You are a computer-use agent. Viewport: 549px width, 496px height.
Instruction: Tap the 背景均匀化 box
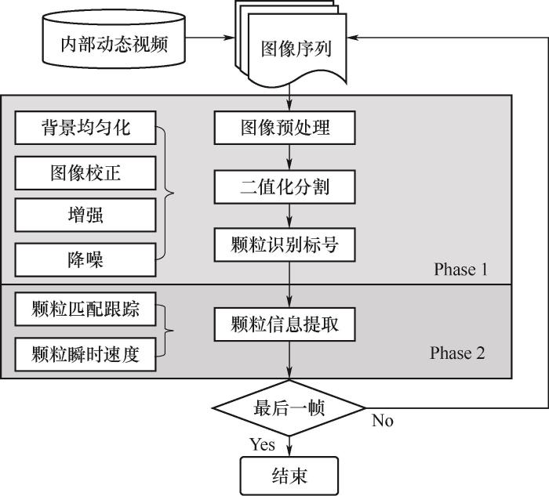point(86,128)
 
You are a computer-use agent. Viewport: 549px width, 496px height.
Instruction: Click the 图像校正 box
point(86,172)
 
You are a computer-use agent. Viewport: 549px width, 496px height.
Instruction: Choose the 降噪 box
point(86,259)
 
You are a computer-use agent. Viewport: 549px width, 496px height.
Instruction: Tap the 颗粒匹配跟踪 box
point(86,309)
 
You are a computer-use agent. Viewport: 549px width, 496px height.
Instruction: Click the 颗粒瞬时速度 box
point(86,353)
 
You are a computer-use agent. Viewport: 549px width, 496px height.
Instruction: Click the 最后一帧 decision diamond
point(290,408)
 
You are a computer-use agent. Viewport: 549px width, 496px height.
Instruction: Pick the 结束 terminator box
point(289,476)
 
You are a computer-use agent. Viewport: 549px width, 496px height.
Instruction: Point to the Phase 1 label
point(460,270)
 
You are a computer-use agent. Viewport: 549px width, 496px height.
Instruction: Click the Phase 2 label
point(457,353)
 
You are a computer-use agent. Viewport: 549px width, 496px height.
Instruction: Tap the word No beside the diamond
point(382,422)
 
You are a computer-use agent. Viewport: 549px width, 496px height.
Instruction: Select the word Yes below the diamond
point(262,445)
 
